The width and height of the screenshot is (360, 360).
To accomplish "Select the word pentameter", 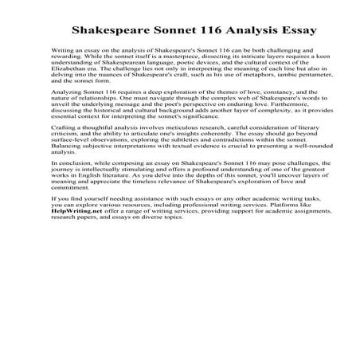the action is click(298, 96).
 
